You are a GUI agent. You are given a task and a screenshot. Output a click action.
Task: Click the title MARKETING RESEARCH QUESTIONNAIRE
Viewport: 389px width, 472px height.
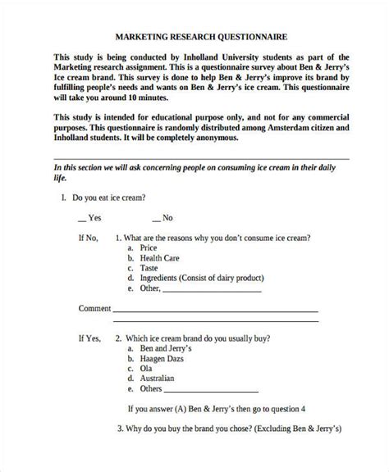pos(194,37)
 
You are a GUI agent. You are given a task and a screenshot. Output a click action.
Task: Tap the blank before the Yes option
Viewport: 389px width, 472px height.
pos(82,218)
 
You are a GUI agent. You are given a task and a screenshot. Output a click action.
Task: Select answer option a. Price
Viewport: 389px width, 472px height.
pos(148,247)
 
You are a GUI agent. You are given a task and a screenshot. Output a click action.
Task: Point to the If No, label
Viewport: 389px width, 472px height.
pos(88,237)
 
